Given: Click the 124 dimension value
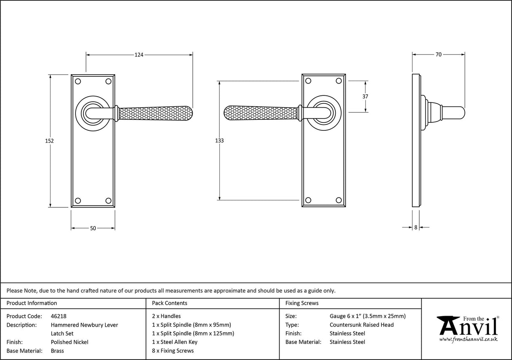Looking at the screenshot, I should [x=139, y=54].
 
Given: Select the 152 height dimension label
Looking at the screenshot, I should [x=49, y=141].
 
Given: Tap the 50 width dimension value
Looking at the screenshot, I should [x=93, y=228].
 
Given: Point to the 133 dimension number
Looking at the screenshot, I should [x=219, y=141].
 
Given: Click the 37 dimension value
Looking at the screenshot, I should [x=365, y=96].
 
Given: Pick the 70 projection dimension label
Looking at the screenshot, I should [x=439, y=54].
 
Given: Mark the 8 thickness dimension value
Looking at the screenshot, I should [x=416, y=227].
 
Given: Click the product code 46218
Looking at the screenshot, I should [x=59, y=316].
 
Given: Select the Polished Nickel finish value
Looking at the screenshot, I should [x=70, y=342].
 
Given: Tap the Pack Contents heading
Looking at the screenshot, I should [x=169, y=303].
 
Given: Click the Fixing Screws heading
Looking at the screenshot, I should [x=302, y=303].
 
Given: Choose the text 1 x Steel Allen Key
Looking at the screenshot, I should [x=175, y=342].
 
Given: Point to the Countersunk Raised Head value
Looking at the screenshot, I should [x=361, y=325].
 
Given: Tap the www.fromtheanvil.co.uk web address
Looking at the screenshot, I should [x=468, y=339].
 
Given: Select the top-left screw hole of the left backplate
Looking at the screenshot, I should [x=77, y=81].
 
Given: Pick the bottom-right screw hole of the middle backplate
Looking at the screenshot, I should [x=338, y=200].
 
